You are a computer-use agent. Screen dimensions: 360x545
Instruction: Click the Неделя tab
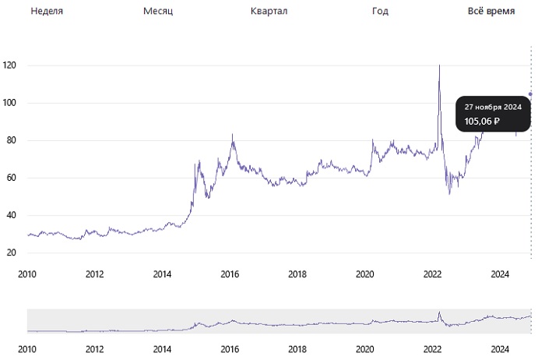tap(47, 12)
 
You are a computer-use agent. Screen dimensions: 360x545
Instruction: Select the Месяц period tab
tap(159, 12)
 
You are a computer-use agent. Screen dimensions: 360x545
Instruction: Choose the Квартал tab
tap(269, 12)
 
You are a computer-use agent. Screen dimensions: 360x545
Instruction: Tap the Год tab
tap(380, 12)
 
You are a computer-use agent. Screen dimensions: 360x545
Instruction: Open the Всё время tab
tap(490, 12)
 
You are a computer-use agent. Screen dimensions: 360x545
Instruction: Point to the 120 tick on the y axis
tap(9, 65)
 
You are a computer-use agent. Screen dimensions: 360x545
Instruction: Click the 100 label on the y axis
tap(9, 103)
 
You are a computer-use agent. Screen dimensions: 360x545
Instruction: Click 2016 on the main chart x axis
tap(230, 274)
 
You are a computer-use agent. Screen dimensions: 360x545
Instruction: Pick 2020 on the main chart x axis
tap(365, 274)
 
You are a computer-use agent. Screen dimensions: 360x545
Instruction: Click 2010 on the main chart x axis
tap(27, 274)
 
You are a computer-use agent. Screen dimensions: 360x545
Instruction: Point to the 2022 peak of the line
tap(440, 65)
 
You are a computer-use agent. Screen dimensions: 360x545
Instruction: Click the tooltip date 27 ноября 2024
tap(493, 107)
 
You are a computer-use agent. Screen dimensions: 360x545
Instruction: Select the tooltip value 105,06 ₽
tap(482, 121)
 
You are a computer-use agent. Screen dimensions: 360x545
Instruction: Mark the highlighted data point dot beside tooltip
tap(531, 94)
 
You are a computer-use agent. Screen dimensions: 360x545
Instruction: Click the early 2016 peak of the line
tap(232, 135)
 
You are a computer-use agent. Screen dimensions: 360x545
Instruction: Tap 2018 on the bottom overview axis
tap(297, 350)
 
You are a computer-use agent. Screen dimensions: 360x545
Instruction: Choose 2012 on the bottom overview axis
tap(94, 350)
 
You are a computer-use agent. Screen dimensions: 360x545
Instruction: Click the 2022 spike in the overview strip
tap(440, 313)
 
